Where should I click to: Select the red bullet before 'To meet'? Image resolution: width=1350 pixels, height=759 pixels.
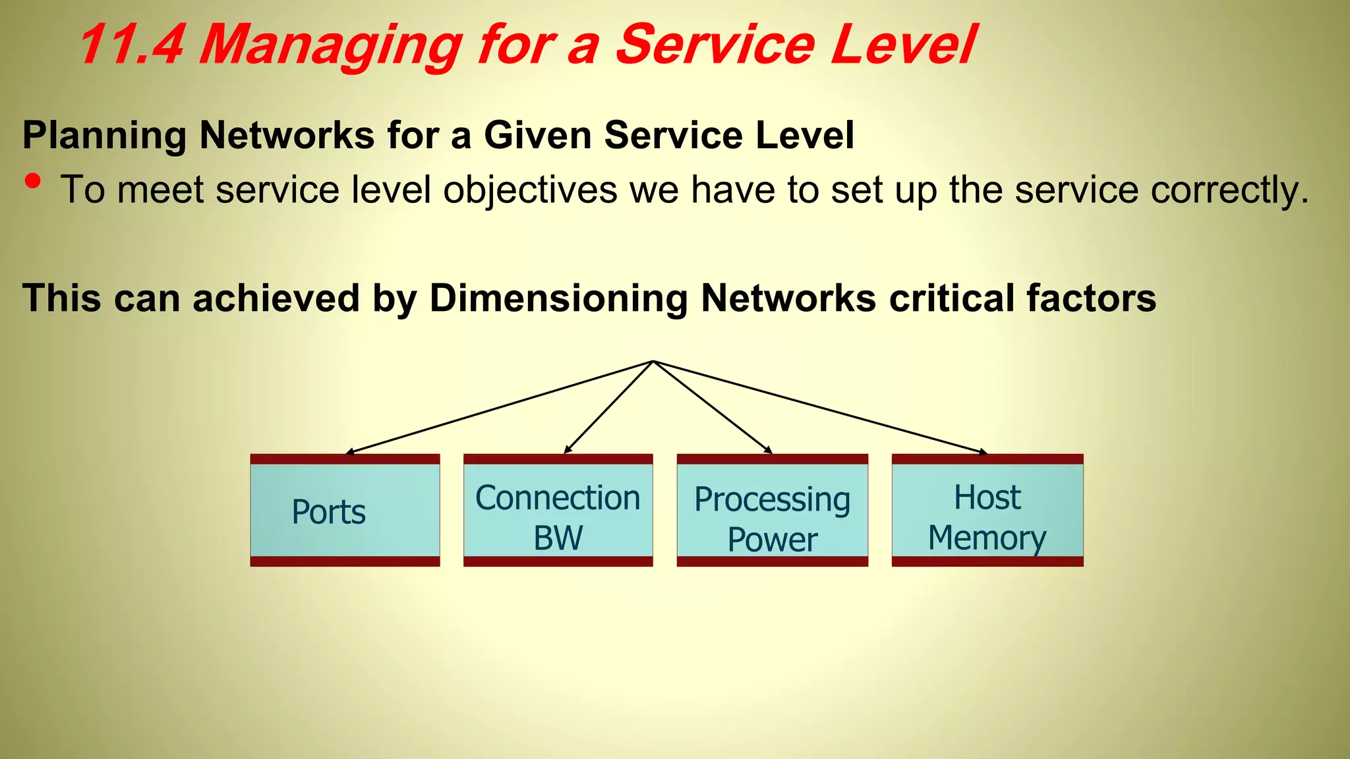[x=33, y=181]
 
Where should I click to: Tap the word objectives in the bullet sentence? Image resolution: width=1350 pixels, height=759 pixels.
[x=530, y=190]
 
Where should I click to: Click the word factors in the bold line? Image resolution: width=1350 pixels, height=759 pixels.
[x=1091, y=298]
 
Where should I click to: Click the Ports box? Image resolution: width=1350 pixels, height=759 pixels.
[x=345, y=511]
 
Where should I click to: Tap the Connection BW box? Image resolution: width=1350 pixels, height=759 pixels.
[x=558, y=511]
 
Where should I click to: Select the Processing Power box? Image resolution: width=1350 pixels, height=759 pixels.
[x=772, y=511]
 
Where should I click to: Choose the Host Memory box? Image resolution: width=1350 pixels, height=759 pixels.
[x=987, y=511]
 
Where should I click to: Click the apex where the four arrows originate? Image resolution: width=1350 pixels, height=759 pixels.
[x=653, y=361]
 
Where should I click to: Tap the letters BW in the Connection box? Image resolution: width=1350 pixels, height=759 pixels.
[x=558, y=538]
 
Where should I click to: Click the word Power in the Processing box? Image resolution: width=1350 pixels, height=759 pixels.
[x=772, y=540]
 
